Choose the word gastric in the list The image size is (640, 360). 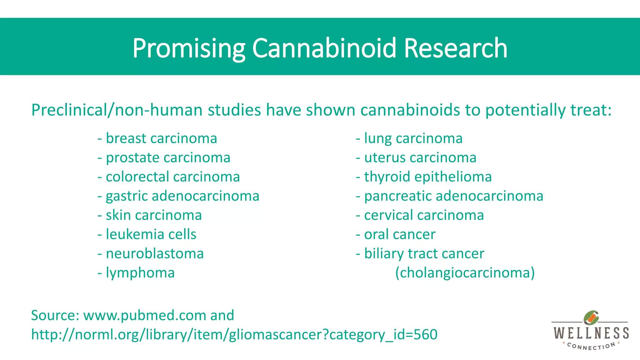pos(127,196)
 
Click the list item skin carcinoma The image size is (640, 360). pos(154,215)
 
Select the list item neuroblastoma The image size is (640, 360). pos(155,253)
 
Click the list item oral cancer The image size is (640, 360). pos(400,234)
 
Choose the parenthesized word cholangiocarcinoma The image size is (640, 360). pos(465,273)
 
